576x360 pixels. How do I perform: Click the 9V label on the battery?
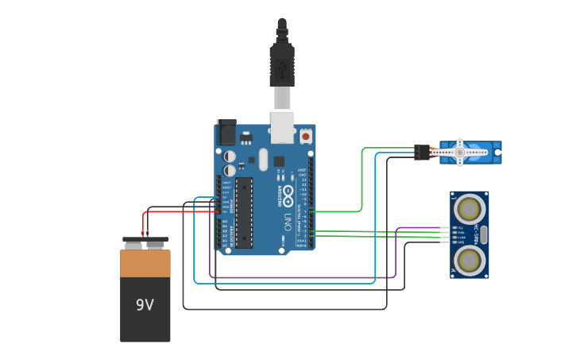(145, 305)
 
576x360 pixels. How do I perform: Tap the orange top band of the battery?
(145, 264)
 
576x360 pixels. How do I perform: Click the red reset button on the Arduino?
(305, 137)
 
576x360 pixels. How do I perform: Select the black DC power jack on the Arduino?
(226, 131)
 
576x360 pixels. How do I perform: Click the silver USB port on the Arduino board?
(282, 127)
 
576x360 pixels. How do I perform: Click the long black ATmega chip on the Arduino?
(244, 211)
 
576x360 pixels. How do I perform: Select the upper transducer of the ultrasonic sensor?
(470, 208)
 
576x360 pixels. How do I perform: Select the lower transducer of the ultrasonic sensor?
(470, 260)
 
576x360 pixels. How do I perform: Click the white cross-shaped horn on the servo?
(459, 152)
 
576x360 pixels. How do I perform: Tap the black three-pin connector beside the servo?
(421, 151)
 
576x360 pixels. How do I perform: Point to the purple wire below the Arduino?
(302, 277)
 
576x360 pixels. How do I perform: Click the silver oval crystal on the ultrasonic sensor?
(484, 234)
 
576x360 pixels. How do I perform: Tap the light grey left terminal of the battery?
(134, 244)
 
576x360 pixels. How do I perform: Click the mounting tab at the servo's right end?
(497, 152)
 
